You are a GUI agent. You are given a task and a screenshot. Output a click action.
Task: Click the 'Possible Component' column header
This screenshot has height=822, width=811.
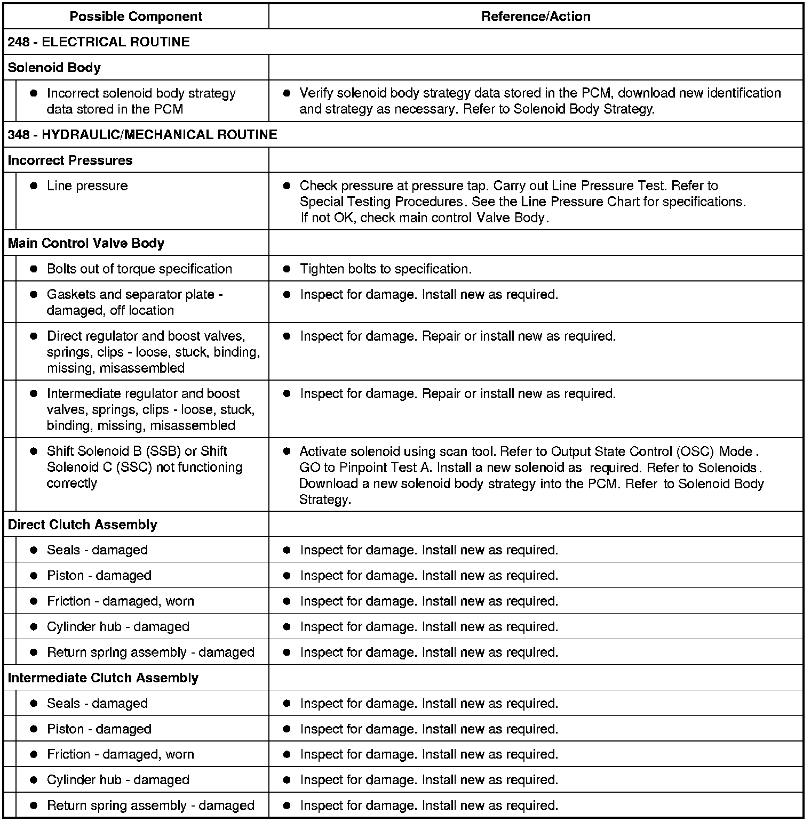[x=136, y=17]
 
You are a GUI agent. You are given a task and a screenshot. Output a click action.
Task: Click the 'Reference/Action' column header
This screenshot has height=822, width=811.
[x=536, y=17]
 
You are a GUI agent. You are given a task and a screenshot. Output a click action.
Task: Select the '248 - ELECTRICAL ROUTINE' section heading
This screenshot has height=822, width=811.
[x=99, y=42]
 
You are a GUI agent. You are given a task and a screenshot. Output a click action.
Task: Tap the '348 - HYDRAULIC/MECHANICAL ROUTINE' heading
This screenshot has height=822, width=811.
[x=142, y=134]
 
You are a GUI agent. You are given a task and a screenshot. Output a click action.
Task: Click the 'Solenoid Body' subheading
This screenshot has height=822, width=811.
[x=54, y=68]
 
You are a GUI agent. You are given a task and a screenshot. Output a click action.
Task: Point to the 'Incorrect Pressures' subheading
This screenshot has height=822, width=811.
[x=70, y=160]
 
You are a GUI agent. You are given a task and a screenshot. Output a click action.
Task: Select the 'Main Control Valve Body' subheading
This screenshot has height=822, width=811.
[x=86, y=243]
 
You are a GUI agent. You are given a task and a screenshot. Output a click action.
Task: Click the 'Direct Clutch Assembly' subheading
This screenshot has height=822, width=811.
[x=82, y=525]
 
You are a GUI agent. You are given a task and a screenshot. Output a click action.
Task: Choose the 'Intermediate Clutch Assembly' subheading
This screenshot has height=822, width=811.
[x=103, y=678]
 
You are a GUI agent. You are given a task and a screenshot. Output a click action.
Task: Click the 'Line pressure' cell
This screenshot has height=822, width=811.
[x=87, y=186]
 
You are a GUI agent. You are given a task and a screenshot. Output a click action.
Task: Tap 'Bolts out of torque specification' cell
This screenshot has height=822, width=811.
[x=139, y=269]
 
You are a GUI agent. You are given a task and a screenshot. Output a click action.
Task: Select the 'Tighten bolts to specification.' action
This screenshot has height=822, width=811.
[x=385, y=269]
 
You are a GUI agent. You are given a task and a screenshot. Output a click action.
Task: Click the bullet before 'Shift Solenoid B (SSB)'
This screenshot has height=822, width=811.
[x=34, y=451]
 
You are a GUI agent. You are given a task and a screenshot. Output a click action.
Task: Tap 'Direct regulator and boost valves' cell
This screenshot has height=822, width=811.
[x=146, y=336]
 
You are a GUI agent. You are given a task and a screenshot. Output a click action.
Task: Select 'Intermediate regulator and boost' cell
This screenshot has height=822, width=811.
[x=143, y=394]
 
